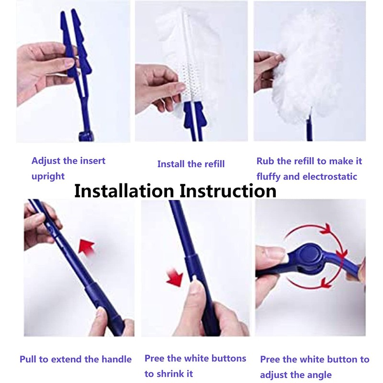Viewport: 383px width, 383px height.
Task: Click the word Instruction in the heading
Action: click(228, 191)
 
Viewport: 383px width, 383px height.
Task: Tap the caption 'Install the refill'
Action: click(191, 164)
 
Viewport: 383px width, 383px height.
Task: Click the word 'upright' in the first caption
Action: click(48, 176)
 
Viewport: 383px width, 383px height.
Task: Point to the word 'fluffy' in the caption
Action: click(269, 177)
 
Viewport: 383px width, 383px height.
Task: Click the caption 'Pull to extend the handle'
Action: click(76, 359)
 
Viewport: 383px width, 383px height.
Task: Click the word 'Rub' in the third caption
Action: click(265, 161)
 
